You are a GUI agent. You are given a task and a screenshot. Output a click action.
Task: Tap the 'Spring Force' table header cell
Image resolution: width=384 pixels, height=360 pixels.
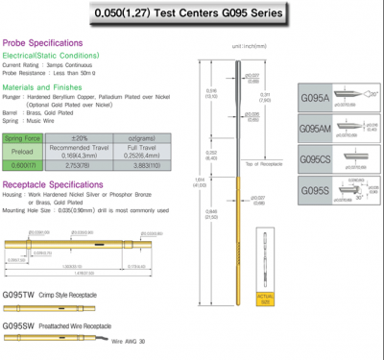coord(22,137)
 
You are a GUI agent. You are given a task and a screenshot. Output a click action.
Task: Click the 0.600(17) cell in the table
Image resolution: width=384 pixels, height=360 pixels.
coord(22,164)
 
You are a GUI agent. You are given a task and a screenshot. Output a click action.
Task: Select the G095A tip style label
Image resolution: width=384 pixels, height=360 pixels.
coord(316,97)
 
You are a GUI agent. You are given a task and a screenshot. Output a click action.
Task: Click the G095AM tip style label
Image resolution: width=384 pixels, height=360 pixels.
coord(318,128)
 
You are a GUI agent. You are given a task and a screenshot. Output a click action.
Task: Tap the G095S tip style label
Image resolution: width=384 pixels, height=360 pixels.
coord(316,190)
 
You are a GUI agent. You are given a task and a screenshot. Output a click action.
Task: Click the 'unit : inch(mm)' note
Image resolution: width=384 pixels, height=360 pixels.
coord(250,45)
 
